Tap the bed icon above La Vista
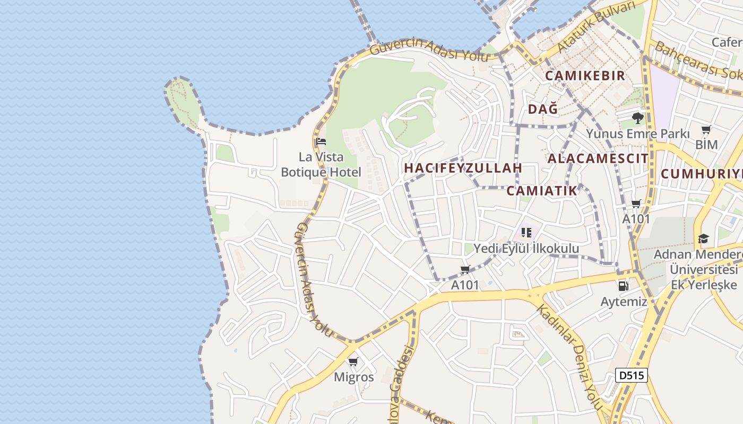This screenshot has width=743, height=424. [x=321, y=142]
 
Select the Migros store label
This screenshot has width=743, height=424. [x=353, y=377]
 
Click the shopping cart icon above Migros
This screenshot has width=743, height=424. [x=353, y=362]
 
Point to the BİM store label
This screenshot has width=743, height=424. [x=706, y=144]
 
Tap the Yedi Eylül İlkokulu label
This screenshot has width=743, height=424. [x=526, y=248]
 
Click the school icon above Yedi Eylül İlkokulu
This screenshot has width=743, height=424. [x=526, y=232]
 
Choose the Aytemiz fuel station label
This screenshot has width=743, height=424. [x=624, y=302]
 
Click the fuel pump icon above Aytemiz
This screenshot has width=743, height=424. [x=623, y=286]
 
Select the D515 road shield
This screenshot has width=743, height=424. [x=632, y=375]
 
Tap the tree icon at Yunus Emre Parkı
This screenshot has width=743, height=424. [x=638, y=118]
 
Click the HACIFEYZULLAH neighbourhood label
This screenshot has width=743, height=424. [x=463, y=168]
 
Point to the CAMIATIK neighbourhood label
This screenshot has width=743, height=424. [x=541, y=191]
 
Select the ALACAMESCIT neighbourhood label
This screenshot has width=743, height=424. [x=598, y=158]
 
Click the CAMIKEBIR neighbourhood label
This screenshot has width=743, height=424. [x=585, y=76]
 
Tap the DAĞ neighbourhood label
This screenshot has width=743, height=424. [x=543, y=109]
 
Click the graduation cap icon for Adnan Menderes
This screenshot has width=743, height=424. [x=703, y=239]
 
